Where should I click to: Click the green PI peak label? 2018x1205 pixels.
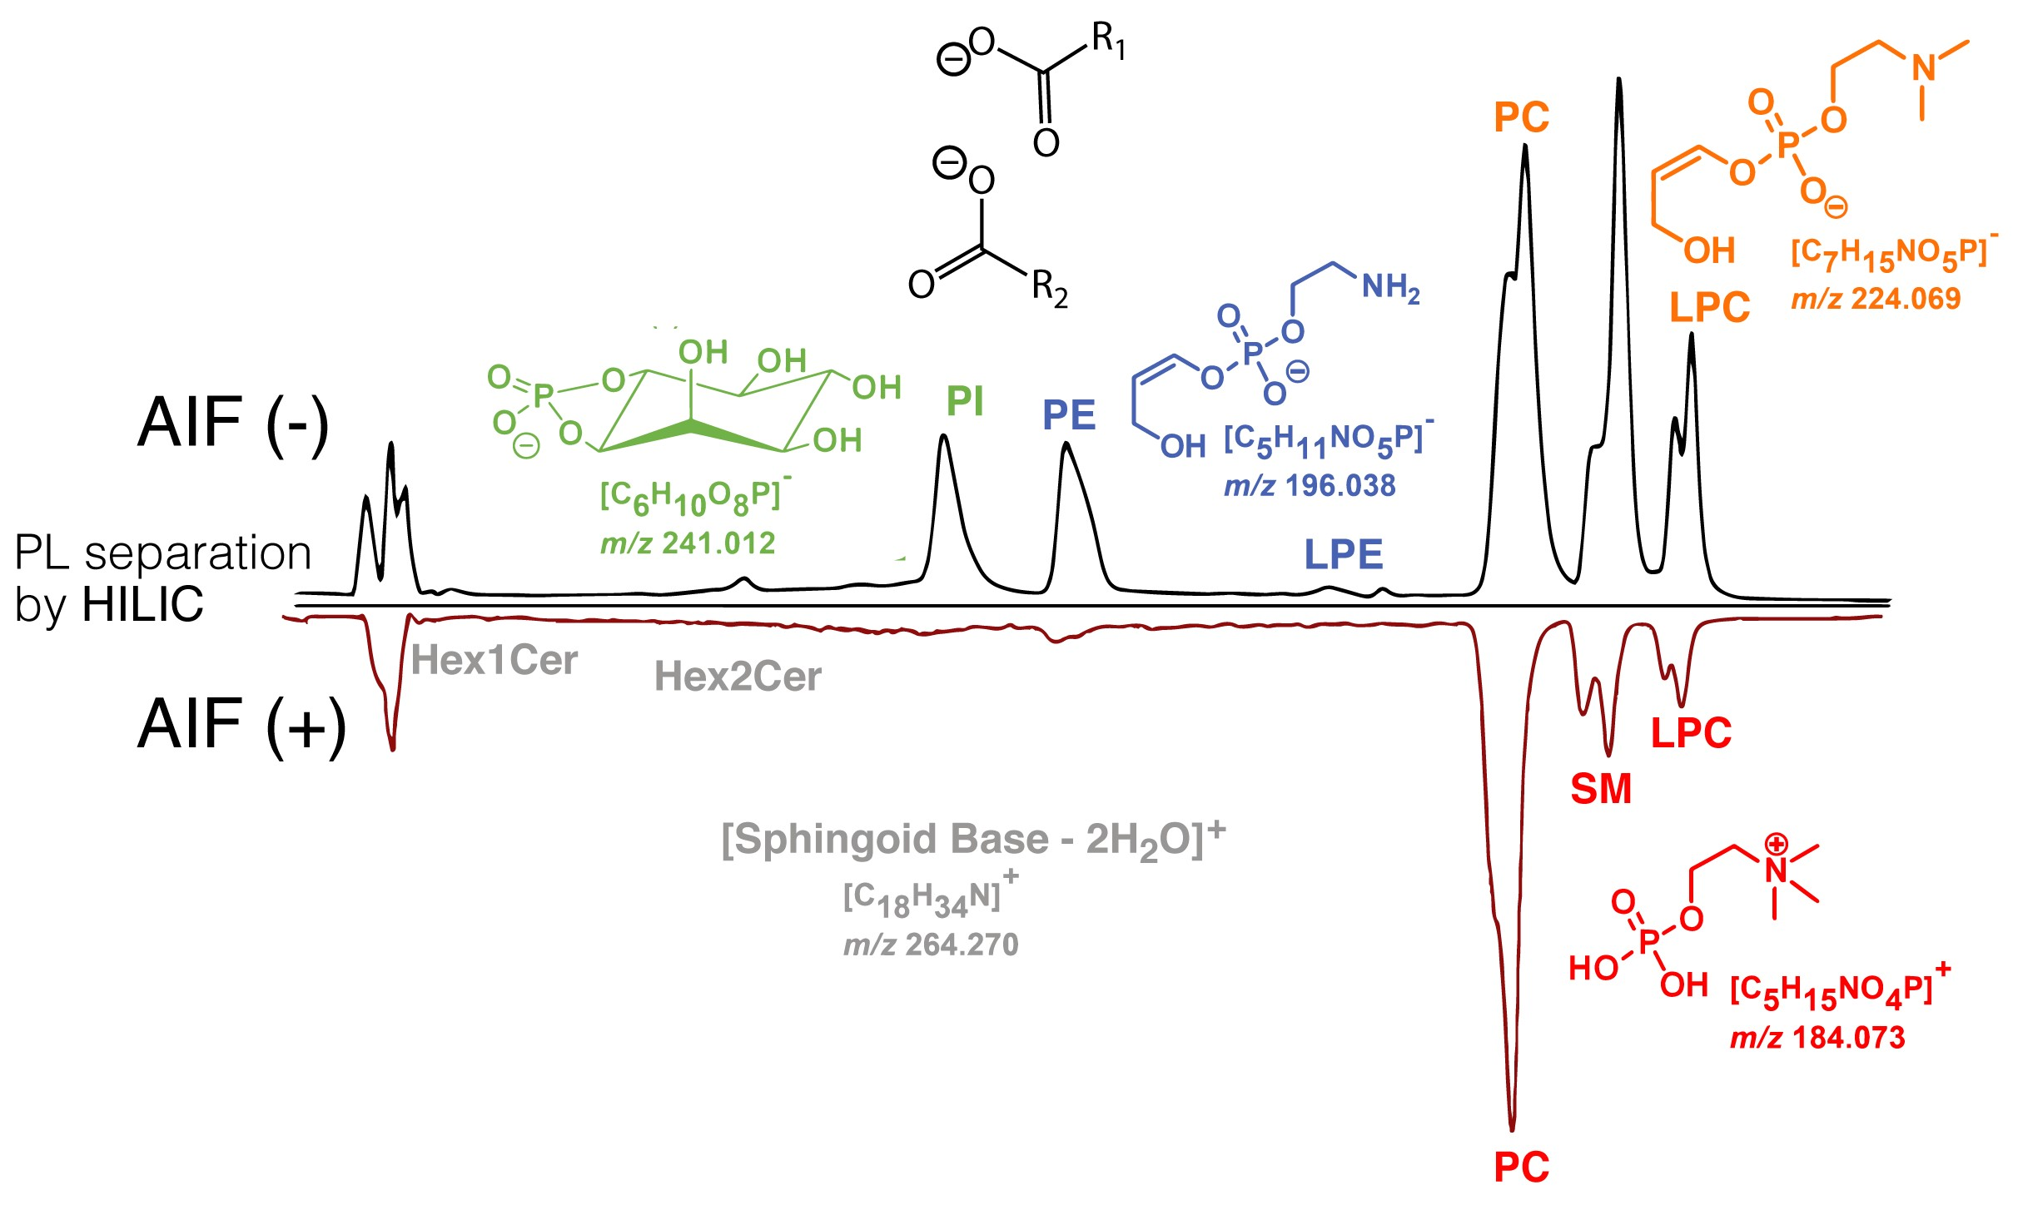pyautogui.click(x=965, y=401)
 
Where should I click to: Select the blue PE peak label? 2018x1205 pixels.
pyautogui.click(x=1069, y=415)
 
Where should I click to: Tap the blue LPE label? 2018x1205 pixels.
pyautogui.click(x=1343, y=554)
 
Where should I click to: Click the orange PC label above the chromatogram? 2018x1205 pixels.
pyautogui.click(x=1521, y=117)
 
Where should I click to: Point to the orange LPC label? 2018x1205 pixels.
pyautogui.click(x=1710, y=308)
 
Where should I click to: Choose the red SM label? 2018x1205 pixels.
pyautogui.click(x=1600, y=789)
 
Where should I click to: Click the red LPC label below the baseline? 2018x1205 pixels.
pyautogui.click(x=1691, y=734)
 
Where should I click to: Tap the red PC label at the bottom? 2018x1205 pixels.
pyautogui.click(x=1521, y=1168)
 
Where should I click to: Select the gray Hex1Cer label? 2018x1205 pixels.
pyautogui.click(x=494, y=661)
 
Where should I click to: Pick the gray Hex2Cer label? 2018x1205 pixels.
pyautogui.click(x=738, y=677)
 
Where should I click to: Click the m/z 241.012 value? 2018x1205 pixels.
pyautogui.click(x=688, y=543)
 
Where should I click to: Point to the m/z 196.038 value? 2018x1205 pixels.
pyautogui.click(x=1310, y=486)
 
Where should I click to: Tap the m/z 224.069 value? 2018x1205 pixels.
pyautogui.click(x=1876, y=299)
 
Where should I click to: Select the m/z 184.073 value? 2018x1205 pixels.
pyautogui.click(x=1817, y=1038)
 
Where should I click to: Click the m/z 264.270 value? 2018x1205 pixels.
pyautogui.click(x=931, y=945)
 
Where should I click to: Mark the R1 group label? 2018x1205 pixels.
pyautogui.click(x=1108, y=39)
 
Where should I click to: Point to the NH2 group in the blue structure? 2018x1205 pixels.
pyautogui.click(x=1389, y=287)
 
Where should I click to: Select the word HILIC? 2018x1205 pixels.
pyautogui.click(x=142, y=604)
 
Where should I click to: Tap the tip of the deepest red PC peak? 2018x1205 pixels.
pyautogui.click(x=1512, y=1128)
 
